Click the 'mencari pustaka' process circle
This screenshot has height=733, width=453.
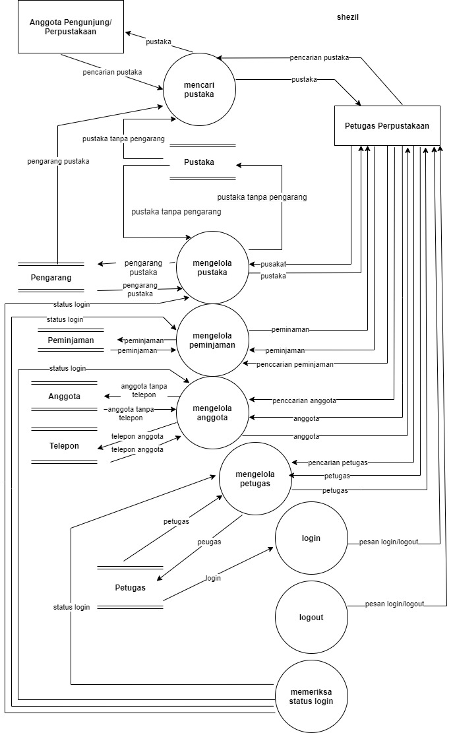[199, 89]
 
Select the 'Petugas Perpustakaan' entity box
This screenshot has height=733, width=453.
[386, 125]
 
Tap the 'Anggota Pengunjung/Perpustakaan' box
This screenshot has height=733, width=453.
[71, 27]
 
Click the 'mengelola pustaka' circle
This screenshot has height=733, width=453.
[212, 267]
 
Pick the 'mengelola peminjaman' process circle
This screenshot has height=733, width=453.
[212, 340]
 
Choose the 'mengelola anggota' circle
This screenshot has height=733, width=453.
[212, 412]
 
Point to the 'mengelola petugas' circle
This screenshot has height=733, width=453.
[255, 478]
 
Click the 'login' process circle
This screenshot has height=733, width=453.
[311, 538]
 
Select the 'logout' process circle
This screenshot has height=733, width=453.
[311, 618]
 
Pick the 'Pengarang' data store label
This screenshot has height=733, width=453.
[51, 278]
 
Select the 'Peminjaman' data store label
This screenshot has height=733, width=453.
[71, 340]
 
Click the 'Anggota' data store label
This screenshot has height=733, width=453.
[64, 397]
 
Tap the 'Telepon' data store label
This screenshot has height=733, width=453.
[64, 446]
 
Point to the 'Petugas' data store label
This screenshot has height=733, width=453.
[130, 587]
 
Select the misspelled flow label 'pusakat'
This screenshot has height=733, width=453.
[272, 264]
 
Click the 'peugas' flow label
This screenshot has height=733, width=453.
[209, 542]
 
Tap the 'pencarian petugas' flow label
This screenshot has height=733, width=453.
[338, 463]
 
